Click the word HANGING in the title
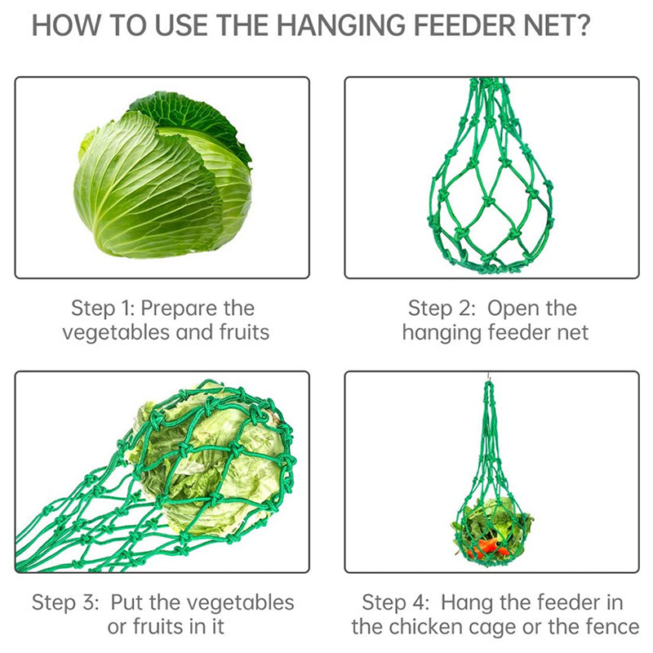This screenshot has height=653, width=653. point(340,25)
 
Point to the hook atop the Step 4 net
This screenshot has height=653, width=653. point(488,377)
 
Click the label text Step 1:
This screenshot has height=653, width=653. point(103,309)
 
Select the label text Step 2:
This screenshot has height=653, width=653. point(442,309)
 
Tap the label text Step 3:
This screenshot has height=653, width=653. point(65,602)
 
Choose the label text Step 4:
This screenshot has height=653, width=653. point(395,602)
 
